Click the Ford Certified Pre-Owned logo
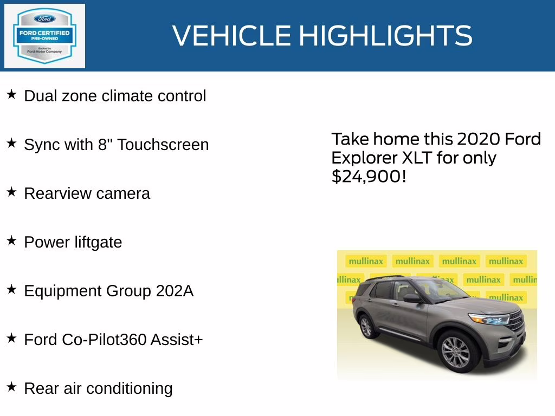click(44, 36)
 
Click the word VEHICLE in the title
click(231, 36)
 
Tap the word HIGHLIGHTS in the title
click(385, 36)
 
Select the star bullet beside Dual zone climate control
click(11, 95)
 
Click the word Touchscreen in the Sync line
click(163, 145)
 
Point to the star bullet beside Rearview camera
click(11, 192)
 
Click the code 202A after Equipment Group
click(175, 291)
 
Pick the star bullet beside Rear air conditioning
click(11, 387)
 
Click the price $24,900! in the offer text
click(369, 176)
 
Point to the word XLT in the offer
click(411, 158)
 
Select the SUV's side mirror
click(411, 298)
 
